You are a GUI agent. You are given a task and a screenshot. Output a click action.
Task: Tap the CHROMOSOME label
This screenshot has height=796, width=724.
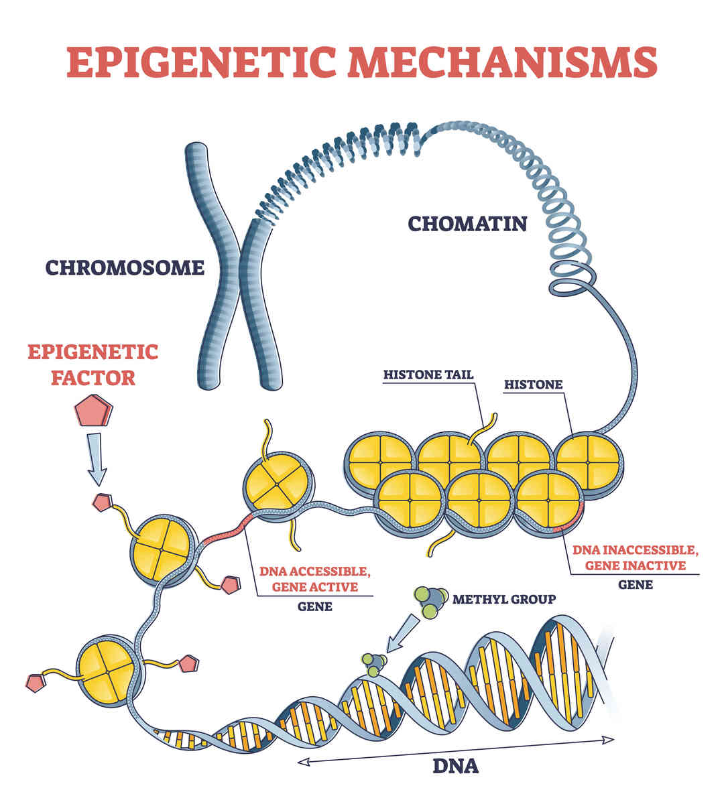(125, 268)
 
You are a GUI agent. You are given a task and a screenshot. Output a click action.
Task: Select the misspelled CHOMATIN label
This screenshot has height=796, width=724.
(467, 223)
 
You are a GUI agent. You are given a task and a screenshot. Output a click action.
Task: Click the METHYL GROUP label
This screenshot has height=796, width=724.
(504, 598)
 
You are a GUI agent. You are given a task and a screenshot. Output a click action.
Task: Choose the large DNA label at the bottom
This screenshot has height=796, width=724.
(456, 765)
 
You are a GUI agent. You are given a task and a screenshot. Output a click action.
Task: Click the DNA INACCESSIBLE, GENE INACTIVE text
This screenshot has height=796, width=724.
(635, 558)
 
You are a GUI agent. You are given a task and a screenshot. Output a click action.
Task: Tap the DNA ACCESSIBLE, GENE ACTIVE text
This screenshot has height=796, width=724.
(314, 579)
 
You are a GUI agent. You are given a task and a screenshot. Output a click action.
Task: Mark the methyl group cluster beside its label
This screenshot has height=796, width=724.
(430, 600)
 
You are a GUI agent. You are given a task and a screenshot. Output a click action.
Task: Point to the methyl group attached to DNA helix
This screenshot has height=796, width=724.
(374, 663)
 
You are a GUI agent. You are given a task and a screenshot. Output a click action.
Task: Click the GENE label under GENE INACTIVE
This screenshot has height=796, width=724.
(635, 584)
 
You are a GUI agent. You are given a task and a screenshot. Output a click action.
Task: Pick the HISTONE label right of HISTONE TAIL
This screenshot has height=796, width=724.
(533, 385)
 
